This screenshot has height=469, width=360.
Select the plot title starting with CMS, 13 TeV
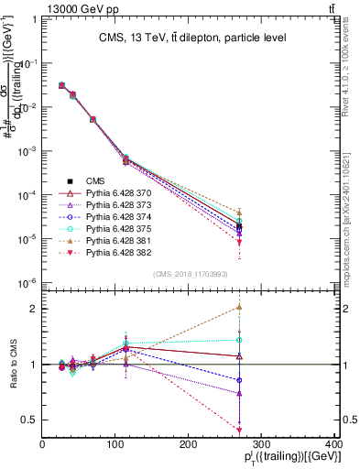pos(193,38)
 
